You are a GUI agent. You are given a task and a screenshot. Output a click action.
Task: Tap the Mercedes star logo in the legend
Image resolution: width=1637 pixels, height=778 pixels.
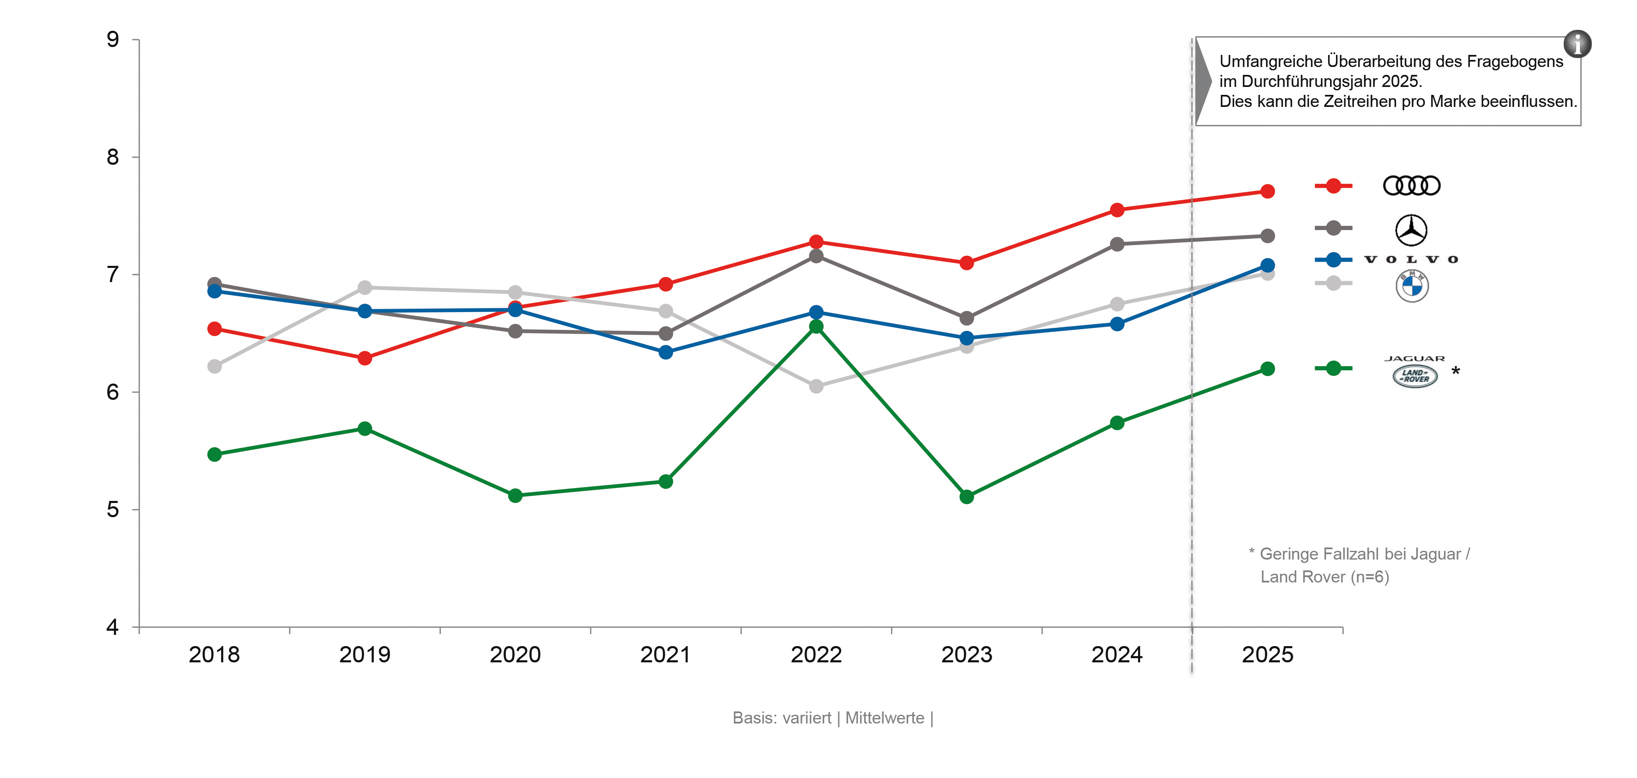coord(1411,230)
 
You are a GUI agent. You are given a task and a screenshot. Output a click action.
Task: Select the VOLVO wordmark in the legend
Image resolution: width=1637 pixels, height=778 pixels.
coord(1411,259)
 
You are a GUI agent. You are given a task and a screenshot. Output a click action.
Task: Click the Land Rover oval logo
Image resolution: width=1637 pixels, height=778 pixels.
coord(1415,376)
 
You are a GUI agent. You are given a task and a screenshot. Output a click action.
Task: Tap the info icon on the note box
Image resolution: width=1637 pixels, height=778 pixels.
coord(1577,44)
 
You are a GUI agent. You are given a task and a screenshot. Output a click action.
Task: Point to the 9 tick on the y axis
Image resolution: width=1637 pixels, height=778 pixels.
coord(113,40)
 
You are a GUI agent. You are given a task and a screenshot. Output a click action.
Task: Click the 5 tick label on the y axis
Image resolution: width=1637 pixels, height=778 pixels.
coord(113,510)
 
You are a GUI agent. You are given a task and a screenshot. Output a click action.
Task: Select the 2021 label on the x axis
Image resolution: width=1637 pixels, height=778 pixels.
coord(665,655)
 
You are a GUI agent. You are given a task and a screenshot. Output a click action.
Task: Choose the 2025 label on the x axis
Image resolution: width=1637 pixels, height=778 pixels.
coord(1267,655)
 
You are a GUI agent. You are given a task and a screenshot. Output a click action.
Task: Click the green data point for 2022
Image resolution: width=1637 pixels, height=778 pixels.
coord(816,327)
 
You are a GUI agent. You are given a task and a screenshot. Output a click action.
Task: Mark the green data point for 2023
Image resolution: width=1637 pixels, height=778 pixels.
coord(967,496)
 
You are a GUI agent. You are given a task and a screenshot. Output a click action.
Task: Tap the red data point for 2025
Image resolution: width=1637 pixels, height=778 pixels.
coord(1267,191)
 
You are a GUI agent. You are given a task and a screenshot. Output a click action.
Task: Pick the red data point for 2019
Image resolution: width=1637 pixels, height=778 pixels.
coord(365,359)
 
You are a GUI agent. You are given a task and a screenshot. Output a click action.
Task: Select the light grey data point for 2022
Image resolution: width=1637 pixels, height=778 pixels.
coord(816,387)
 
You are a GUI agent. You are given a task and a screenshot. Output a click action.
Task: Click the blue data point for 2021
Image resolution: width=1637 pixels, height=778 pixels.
coord(665,352)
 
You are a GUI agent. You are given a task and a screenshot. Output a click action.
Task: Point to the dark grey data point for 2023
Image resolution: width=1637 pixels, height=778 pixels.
coord(967,318)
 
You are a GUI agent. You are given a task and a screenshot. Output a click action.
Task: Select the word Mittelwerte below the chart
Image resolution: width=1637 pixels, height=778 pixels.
coord(884,718)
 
